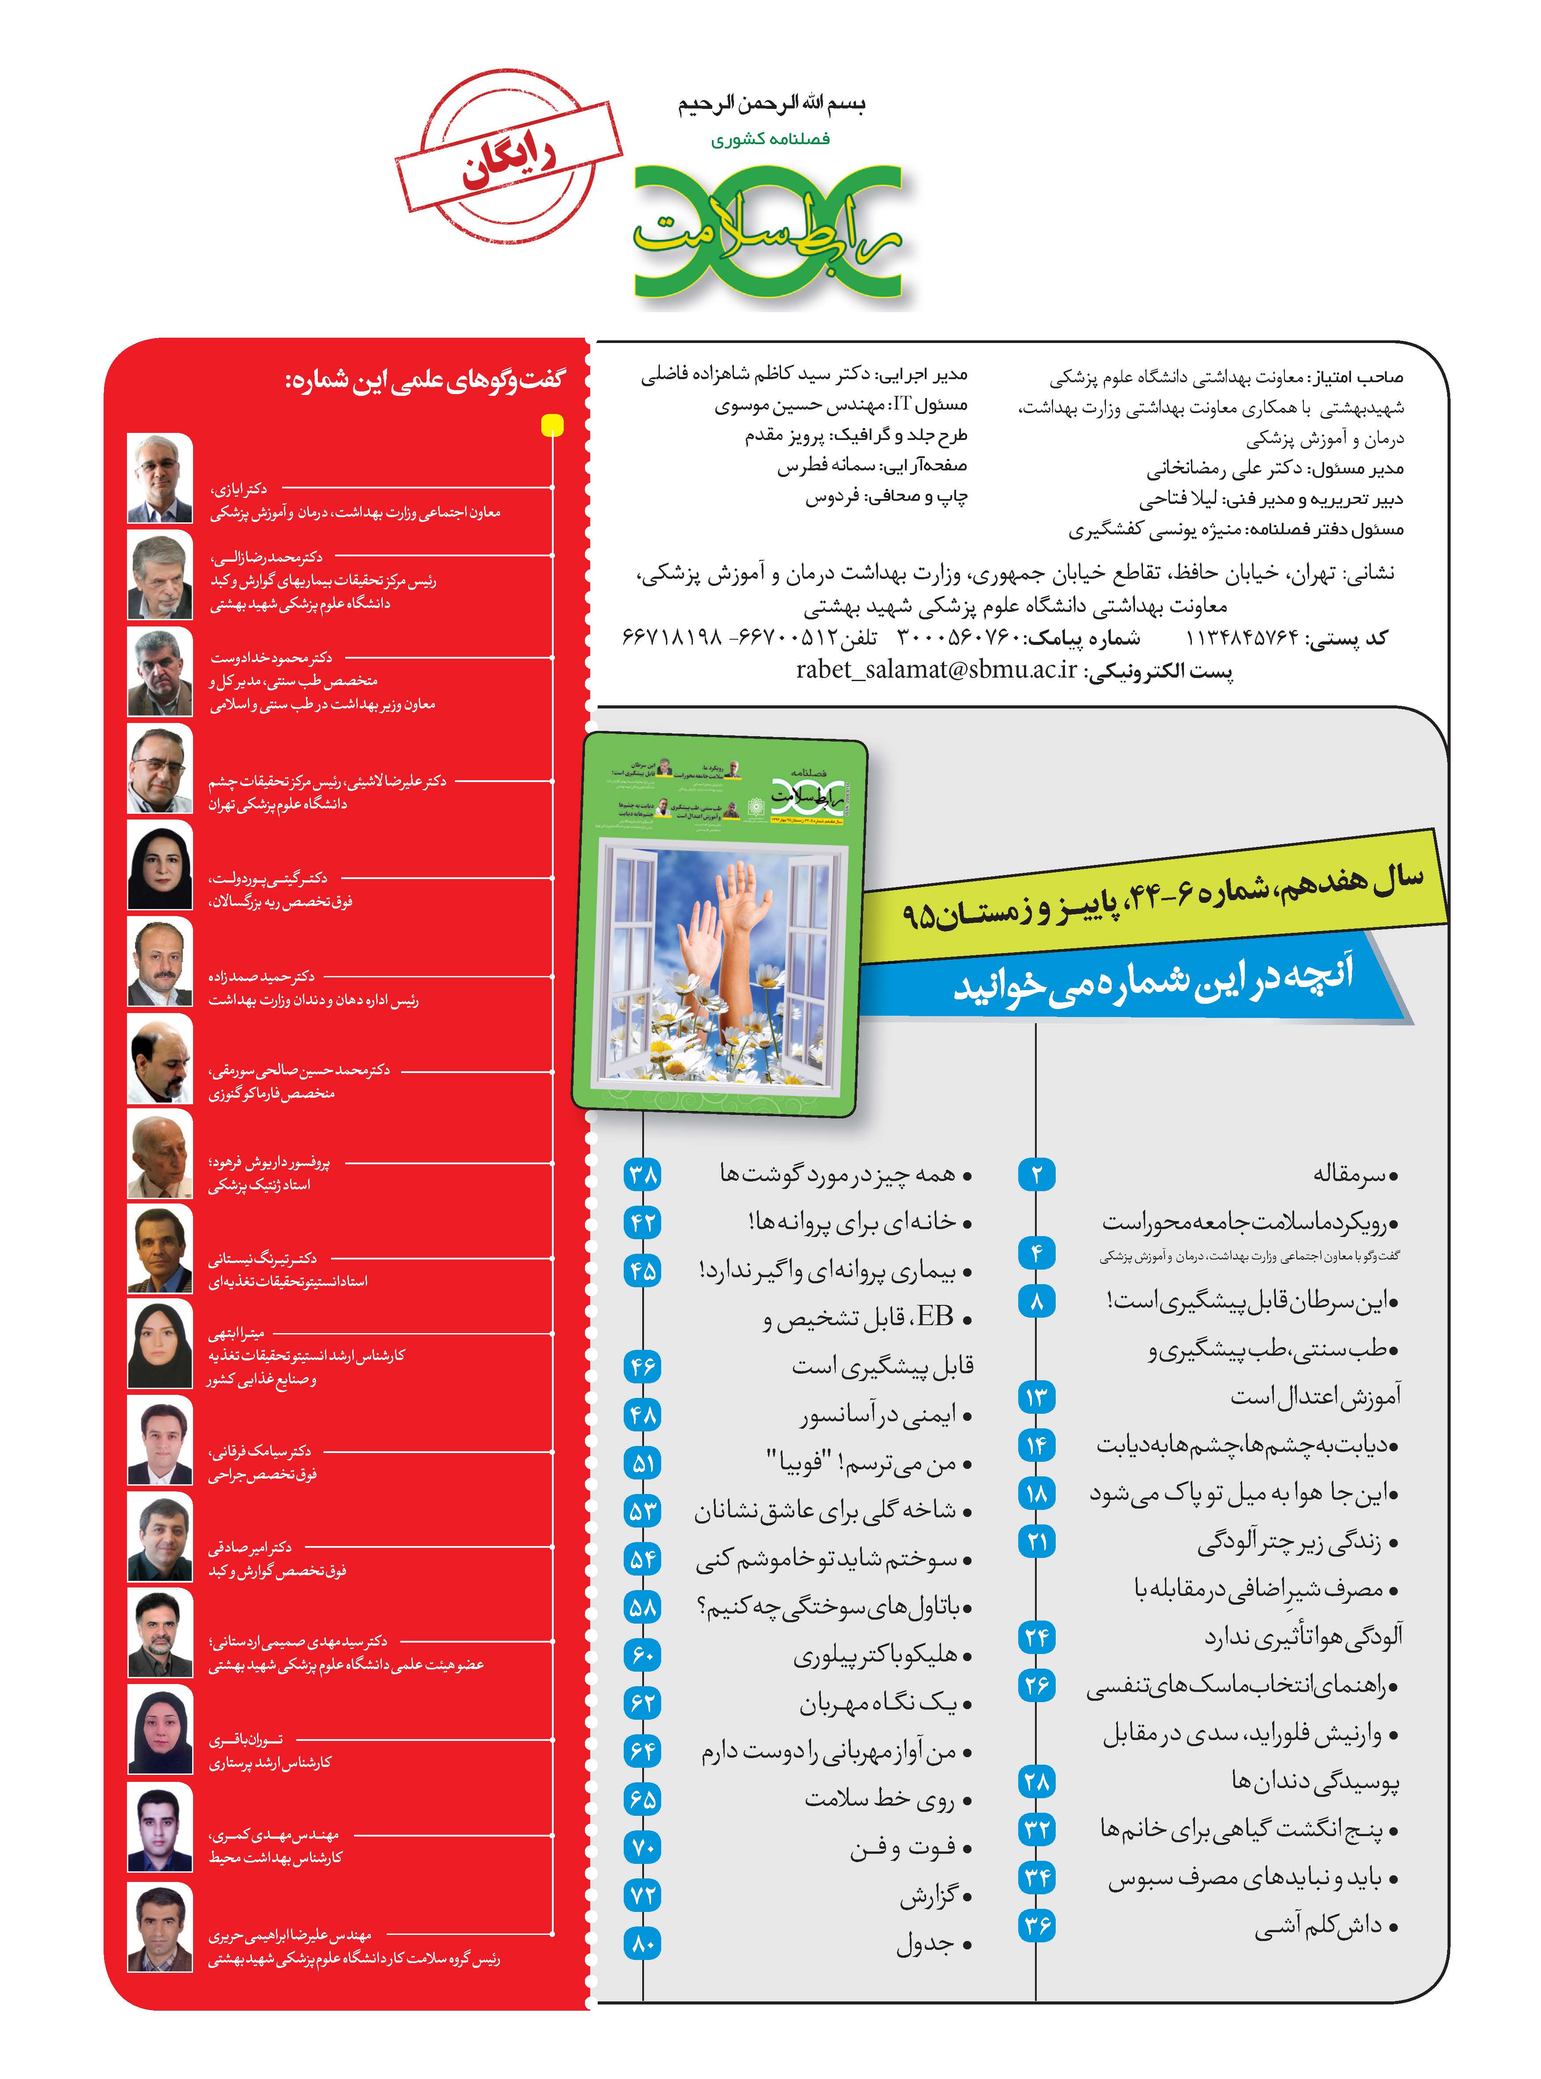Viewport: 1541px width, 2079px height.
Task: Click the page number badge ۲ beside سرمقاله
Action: pos(1036,1174)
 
